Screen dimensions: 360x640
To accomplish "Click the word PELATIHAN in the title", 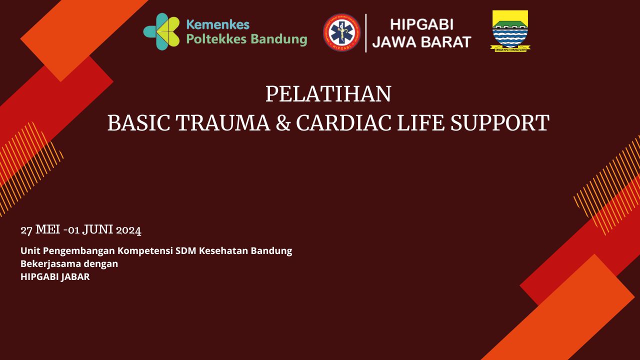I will coord(328,94).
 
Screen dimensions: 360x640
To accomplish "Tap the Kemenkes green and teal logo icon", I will coord(161,32).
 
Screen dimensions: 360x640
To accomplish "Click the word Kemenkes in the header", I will coord(217,24).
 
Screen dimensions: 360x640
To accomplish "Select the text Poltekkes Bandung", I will coord(246,39).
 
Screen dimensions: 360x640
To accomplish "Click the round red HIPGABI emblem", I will coord(342,32).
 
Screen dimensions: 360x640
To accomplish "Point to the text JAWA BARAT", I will coord(421,42).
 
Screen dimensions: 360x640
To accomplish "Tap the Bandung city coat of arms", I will coord(510,30).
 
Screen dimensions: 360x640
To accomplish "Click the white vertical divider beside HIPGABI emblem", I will coord(366,32).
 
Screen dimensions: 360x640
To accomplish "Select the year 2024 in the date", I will coord(128,230).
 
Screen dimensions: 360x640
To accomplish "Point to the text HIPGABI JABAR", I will coord(55,276).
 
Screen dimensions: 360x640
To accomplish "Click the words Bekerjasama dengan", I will coord(69,263).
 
